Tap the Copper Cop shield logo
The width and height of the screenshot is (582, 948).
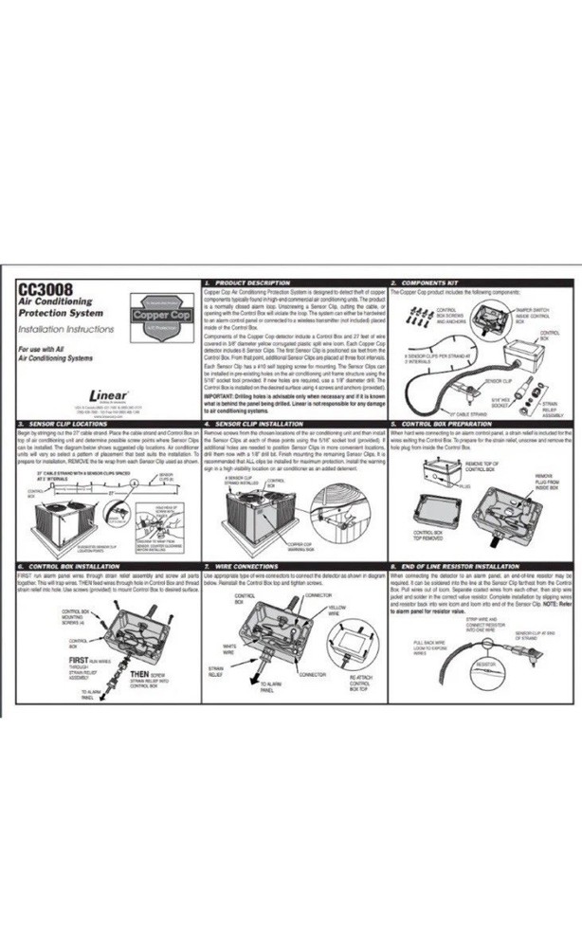point(155,308)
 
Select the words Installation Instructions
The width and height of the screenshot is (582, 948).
point(65,328)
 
